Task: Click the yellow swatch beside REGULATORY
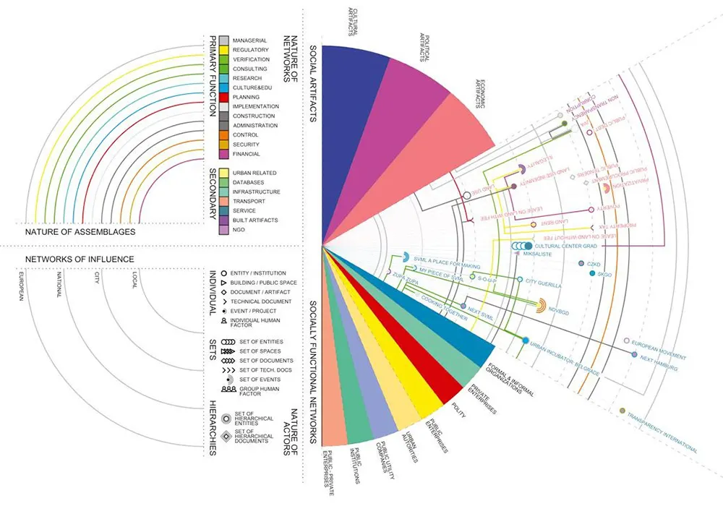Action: click(x=224, y=50)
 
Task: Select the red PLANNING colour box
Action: click(x=224, y=97)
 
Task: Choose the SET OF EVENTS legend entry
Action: click(x=259, y=379)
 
